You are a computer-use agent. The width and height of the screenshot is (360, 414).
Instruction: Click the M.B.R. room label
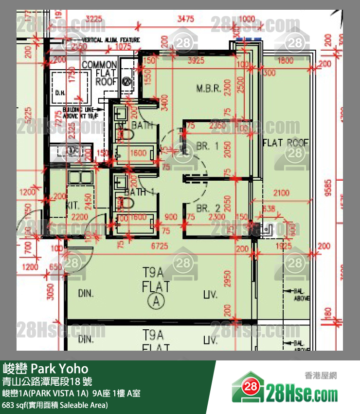(x=209, y=89)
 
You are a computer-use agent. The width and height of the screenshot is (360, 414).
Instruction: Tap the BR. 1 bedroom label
(x=208, y=146)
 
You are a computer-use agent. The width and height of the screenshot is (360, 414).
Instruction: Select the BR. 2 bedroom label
(x=208, y=208)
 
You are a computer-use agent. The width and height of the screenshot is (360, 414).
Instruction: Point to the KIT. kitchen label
(x=73, y=207)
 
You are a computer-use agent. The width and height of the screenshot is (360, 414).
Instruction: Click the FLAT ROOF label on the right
(x=286, y=143)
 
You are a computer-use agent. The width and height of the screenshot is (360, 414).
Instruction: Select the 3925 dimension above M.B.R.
(x=196, y=61)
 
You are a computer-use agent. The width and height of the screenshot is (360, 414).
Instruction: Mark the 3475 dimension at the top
(x=185, y=19)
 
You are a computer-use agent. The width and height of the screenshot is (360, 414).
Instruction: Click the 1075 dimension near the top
(x=124, y=47)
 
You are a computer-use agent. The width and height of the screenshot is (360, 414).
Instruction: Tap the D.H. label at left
(x=60, y=92)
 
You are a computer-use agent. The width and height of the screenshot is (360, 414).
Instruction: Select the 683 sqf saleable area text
(x=55, y=405)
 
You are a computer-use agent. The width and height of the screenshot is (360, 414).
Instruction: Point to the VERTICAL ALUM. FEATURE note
(x=111, y=39)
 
